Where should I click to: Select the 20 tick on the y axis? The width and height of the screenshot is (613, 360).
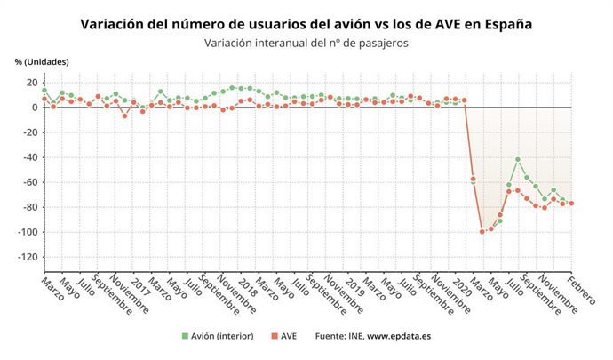click(x=30, y=83)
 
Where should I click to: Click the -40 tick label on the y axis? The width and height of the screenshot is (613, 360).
click(x=27, y=157)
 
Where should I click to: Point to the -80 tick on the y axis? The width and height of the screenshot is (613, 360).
click(x=27, y=207)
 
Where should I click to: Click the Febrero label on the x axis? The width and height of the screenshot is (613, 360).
click(x=583, y=292)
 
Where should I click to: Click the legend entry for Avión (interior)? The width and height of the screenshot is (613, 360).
click(x=218, y=336)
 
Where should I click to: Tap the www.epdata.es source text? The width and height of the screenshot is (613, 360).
click(x=399, y=336)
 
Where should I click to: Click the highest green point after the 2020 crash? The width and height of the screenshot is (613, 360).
click(x=518, y=159)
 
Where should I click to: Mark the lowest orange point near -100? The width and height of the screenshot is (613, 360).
click(x=482, y=231)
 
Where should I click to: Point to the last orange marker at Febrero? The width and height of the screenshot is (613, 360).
click(x=570, y=203)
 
